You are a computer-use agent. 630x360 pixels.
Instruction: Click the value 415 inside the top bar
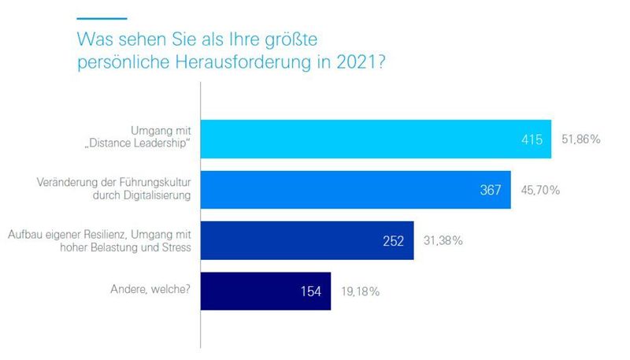click(532, 139)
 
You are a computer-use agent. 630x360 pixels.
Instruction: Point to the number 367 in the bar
click(491, 190)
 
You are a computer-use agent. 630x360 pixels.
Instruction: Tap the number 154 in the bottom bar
click(311, 291)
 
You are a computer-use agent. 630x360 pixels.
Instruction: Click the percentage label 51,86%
click(581, 139)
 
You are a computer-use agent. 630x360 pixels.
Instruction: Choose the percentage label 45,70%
click(541, 190)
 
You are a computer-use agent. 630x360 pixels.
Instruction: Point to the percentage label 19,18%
click(360, 291)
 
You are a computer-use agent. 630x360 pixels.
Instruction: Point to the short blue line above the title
click(101, 17)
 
